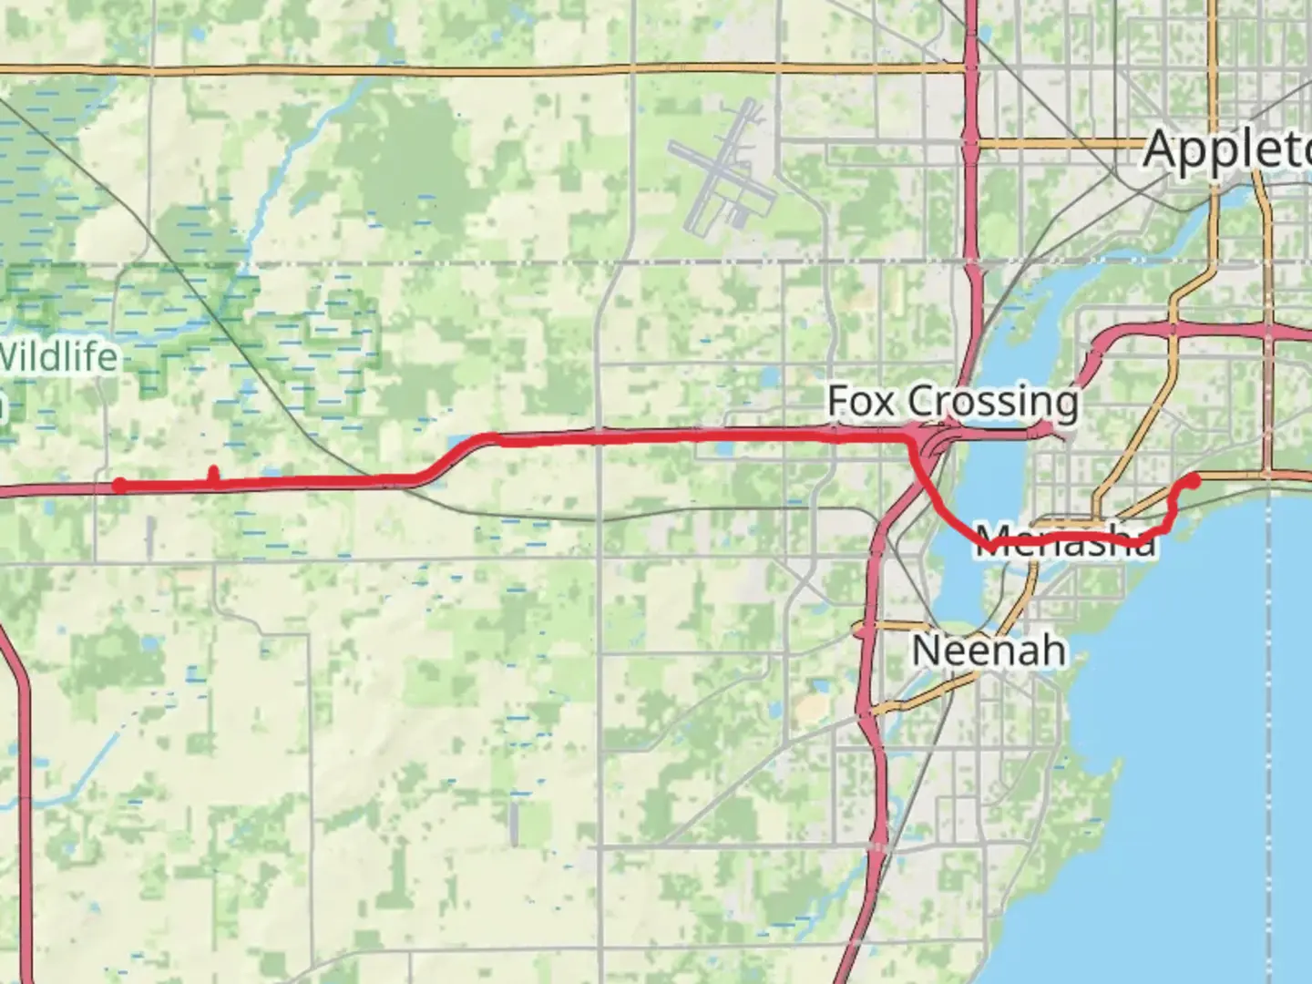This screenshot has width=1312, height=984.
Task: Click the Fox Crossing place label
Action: click(x=952, y=401)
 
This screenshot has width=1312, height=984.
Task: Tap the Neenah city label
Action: click(x=988, y=651)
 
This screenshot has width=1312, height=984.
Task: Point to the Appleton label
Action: click(x=1225, y=148)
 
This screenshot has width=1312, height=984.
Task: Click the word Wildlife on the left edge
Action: click(x=59, y=355)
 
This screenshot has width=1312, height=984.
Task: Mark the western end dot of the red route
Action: click(x=119, y=486)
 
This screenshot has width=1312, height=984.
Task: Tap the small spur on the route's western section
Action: click(x=213, y=474)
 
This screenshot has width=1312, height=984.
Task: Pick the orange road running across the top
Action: click(x=456, y=69)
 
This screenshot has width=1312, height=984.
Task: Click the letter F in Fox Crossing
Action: click(x=838, y=401)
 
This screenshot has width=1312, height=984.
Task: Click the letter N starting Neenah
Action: click(x=925, y=651)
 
